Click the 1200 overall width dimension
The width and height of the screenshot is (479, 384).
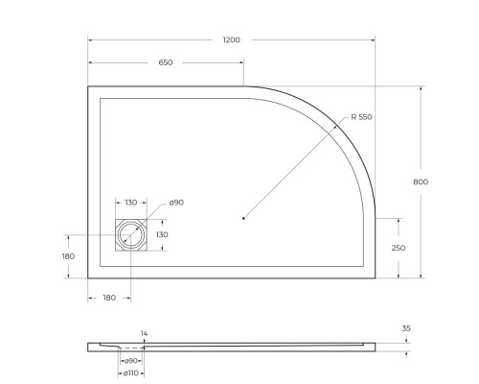click(231, 39)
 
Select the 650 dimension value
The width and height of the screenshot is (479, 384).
click(166, 62)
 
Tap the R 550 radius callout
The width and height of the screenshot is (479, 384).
click(361, 117)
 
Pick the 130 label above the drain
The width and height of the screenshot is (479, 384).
click(130, 203)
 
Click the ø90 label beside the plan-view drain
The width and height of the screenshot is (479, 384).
click(176, 203)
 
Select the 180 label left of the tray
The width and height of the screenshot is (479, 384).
click(67, 256)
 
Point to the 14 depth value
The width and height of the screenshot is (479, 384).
click(145, 333)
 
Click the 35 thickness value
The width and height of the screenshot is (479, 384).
click(406, 329)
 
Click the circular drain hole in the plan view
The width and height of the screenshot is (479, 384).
click(130, 234)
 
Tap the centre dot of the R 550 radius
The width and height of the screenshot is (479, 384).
click(244, 219)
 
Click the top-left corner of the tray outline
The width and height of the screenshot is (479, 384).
click(88, 86)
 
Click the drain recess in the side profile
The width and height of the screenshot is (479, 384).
click(130, 348)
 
